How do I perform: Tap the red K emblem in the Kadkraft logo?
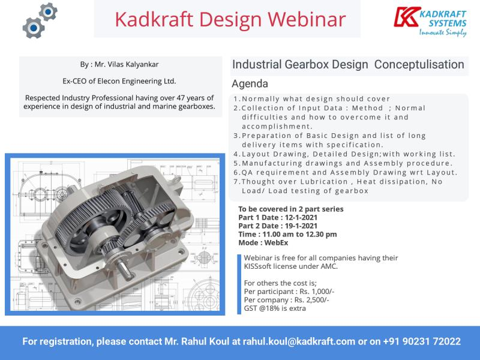click(406, 17)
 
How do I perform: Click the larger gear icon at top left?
click(34, 28)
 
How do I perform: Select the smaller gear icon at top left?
click(49, 12)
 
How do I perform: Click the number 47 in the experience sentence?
click(181, 98)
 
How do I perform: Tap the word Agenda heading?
click(250, 84)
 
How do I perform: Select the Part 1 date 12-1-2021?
click(301, 218)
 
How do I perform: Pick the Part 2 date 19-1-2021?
click(301, 226)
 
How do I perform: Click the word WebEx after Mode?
click(276, 243)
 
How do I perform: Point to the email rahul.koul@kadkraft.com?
click(299, 341)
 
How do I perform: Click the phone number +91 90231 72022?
click(422, 341)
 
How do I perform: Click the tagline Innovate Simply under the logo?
click(443, 33)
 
